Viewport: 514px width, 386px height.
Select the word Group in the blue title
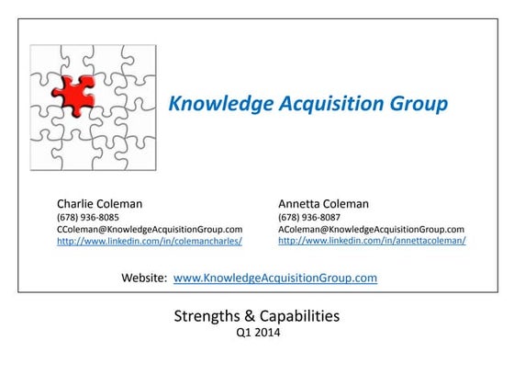point(417,104)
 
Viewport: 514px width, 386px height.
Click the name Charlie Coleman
point(100,202)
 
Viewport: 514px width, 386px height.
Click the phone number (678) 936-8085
point(87,217)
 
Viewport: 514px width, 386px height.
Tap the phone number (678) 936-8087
point(308,217)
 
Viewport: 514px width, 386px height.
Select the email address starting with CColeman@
point(150,229)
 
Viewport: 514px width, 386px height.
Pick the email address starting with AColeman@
point(371,229)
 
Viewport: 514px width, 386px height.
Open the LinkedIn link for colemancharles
point(150,241)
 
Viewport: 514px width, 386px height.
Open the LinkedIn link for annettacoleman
point(372,241)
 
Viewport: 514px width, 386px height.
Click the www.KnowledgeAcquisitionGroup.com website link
point(275,277)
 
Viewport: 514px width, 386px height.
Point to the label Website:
point(144,277)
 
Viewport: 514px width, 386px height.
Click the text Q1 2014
point(258,334)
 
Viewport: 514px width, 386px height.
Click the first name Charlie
point(78,202)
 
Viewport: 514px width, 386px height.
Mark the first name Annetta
point(301,202)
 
